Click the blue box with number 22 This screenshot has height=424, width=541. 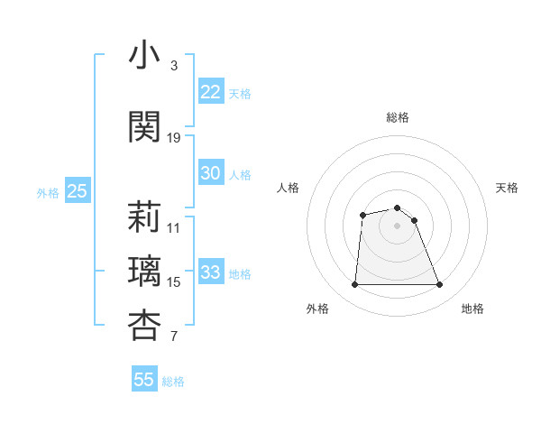pyautogui.click(x=211, y=92)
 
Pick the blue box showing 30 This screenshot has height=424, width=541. pyautogui.click(x=211, y=174)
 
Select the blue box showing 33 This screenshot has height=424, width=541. pyautogui.click(x=211, y=273)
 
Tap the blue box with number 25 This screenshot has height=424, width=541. pyautogui.click(x=77, y=191)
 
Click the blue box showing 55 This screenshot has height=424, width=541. pyautogui.click(x=144, y=380)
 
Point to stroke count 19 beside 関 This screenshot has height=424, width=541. pyautogui.click(x=174, y=138)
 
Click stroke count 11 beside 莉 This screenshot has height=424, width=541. pyautogui.click(x=174, y=227)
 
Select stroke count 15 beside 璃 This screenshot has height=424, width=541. pyautogui.click(x=174, y=282)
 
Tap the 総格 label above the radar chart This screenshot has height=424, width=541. pyautogui.click(x=398, y=117)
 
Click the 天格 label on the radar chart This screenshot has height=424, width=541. pyautogui.click(x=507, y=188)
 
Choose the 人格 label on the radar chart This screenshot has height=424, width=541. pyautogui.click(x=288, y=188)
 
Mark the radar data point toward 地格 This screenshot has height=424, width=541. pyautogui.click(x=440, y=285)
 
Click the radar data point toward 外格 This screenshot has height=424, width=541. pyautogui.click(x=354, y=285)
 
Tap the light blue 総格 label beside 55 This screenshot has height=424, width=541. pyautogui.click(x=173, y=382)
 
